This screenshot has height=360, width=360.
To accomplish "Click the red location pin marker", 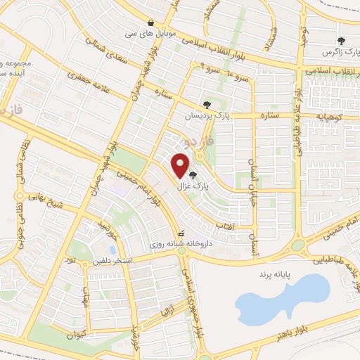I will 181,165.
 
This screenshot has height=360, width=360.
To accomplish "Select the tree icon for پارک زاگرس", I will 342,41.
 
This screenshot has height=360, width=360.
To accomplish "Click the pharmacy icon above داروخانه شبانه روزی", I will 181,232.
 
